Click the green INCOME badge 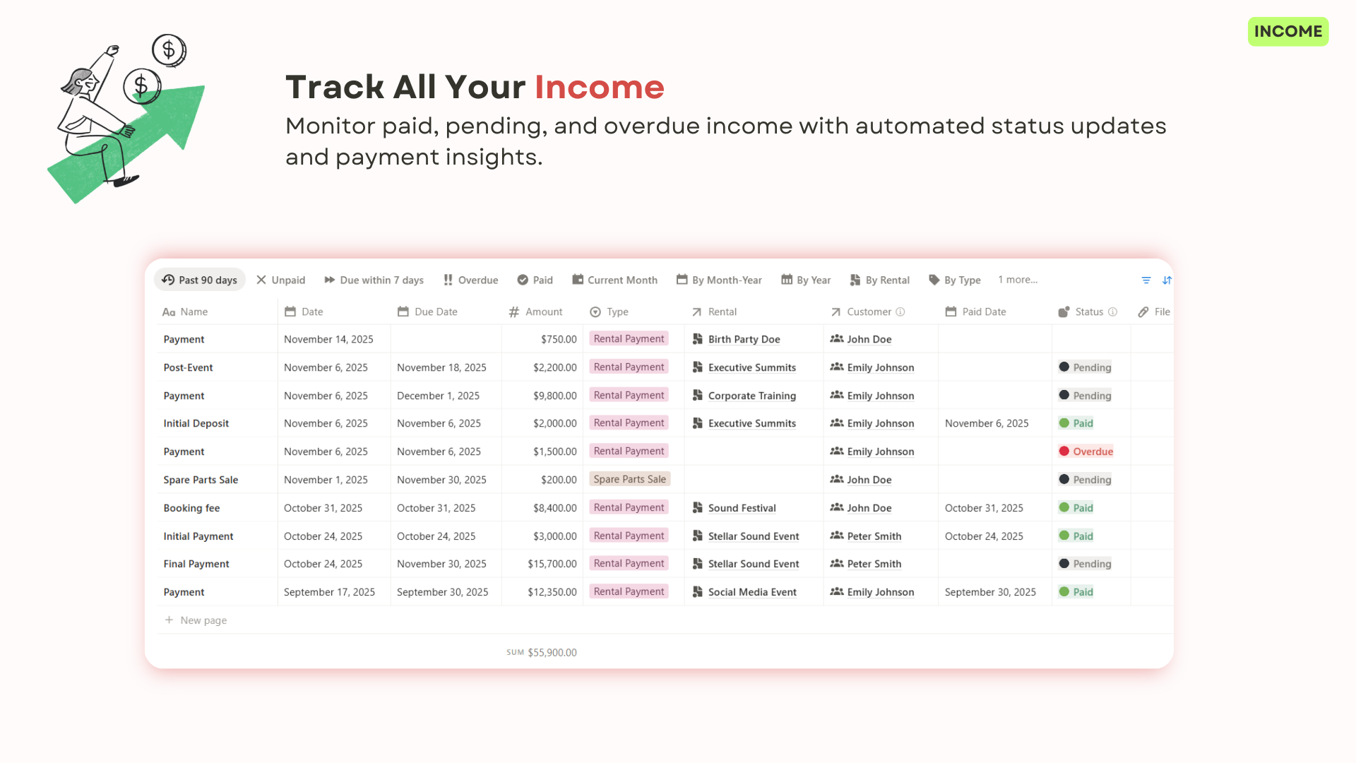point(1287,32)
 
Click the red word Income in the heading point(599,88)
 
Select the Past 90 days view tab point(200,280)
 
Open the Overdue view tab point(470,280)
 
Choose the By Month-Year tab point(719,280)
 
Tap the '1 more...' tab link point(1018,280)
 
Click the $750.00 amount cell point(559,339)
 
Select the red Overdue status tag point(1093,451)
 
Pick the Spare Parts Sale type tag point(629,479)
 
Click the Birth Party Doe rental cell point(744,339)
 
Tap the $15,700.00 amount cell point(552,564)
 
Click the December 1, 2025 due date point(438,396)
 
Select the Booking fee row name point(191,508)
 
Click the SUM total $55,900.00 point(552,653)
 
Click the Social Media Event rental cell point(752,592)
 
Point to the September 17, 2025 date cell point(329,592)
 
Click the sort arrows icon point(1167,280)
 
